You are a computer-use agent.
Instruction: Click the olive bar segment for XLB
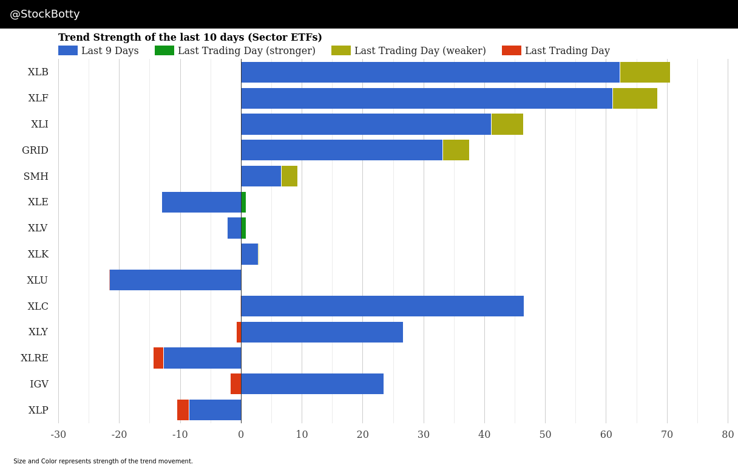[x=645, y=72]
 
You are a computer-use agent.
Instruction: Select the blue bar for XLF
[x=426, y=98]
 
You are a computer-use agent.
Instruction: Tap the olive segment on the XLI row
[x=507, y=124]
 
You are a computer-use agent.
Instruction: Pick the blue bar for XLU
[x=175, y=280]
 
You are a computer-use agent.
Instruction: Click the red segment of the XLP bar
[x=183, y=410]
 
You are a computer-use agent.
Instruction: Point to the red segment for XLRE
[x=158, y=358]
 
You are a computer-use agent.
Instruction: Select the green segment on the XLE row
[x=243, y=202]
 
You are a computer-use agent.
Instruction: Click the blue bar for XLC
[x=382, y=306]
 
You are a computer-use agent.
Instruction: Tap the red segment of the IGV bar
[x=235, y=384]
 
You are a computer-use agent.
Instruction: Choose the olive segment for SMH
[x=289, y=176]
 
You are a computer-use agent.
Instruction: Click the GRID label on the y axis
[x=35, y=151]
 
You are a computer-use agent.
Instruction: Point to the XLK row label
[x=38, y=254]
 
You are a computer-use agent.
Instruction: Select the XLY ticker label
[x=38, y=332]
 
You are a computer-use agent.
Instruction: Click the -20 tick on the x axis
[x=119, y=435]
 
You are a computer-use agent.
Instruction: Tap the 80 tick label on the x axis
[x=728, y=435]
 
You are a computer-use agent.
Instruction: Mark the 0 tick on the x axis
[x=241, y=435]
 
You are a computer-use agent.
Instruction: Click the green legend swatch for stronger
[x=164, y=51]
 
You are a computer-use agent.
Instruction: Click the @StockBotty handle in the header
[x=45, y=15]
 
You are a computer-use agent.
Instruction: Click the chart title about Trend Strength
[x=190, y=38]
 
